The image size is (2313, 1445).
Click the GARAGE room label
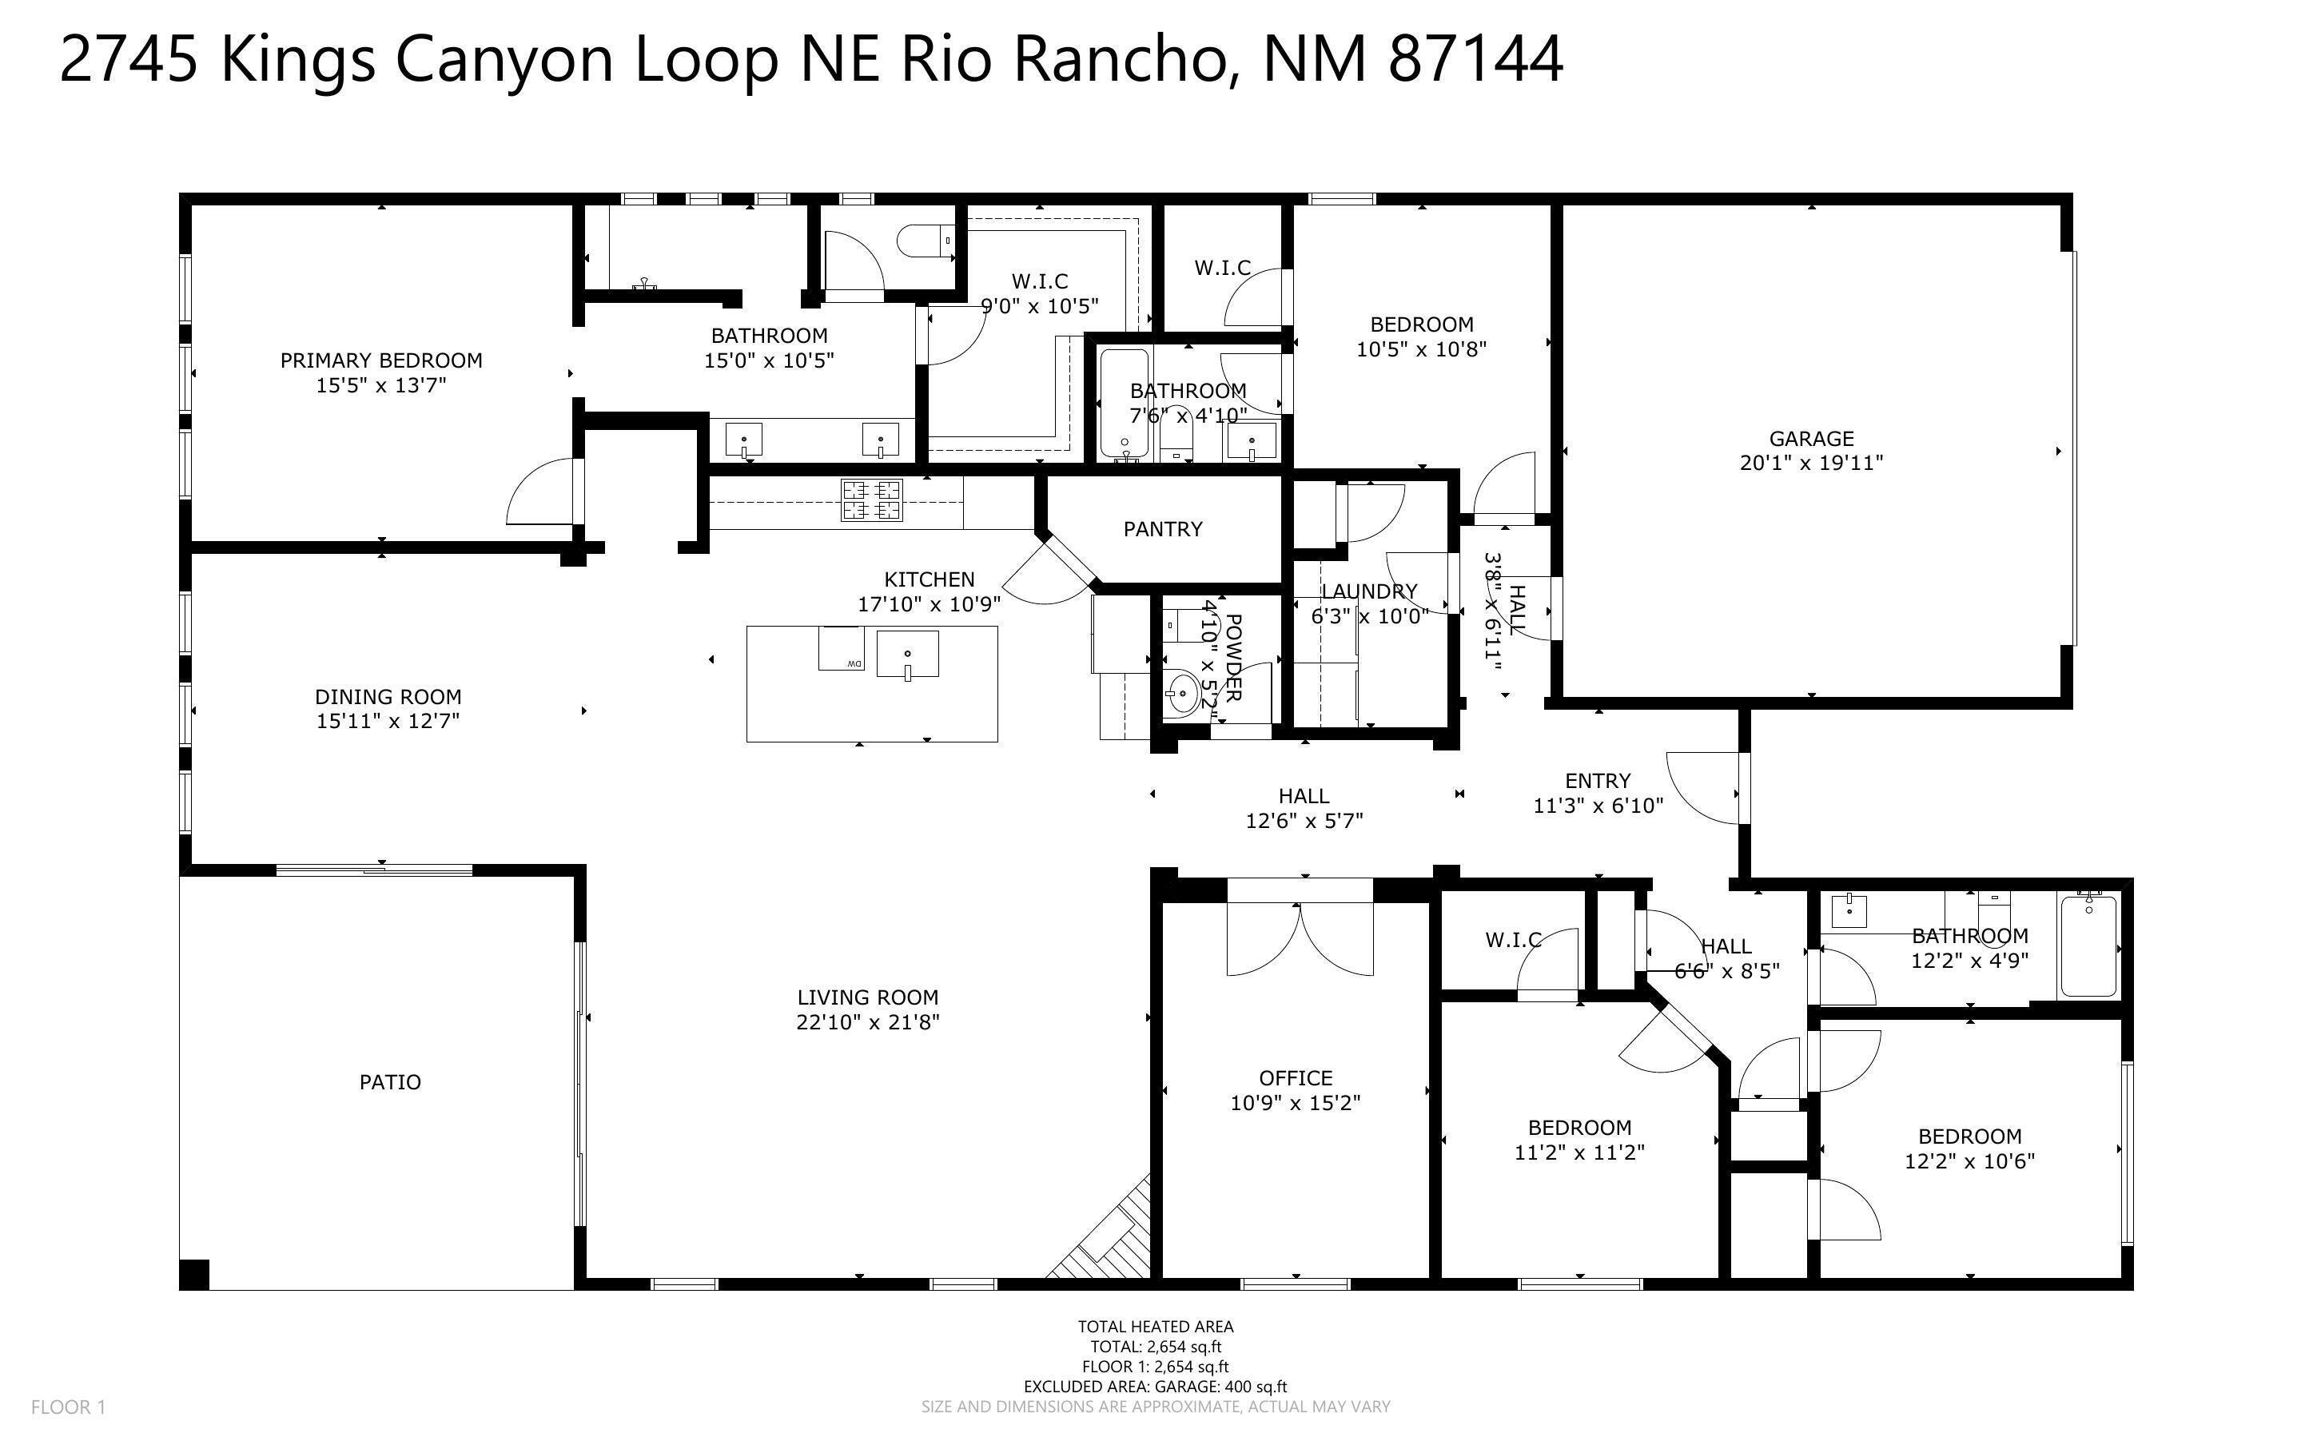pos(1810,439)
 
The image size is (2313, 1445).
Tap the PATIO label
pos(390,1082)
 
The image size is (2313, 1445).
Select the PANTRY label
pos(1163,528)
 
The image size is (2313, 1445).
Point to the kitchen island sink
pos(908,655)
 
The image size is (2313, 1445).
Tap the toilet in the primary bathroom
pos(926,241)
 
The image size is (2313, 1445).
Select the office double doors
pos(1300,938)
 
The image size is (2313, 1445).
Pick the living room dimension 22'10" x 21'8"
pos(867,1021)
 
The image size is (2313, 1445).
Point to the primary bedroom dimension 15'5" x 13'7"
pos(381,385)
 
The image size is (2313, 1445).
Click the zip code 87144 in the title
pos(1475,59)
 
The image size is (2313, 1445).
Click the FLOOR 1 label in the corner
pos(68,1407)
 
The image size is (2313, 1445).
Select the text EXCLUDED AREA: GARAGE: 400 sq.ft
pos(1155,1387)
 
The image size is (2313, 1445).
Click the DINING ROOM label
pos(388,697)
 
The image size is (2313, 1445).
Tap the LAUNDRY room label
pos(1369,591)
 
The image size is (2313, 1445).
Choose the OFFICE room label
pos(1296,1078)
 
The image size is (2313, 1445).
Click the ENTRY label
pos(1598,781)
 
